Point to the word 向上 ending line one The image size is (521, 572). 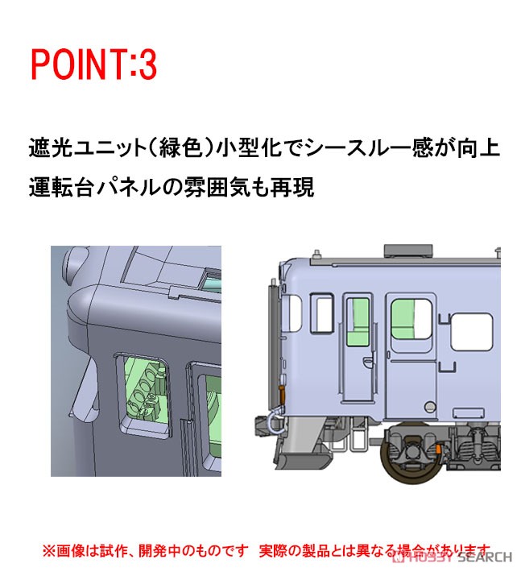479,150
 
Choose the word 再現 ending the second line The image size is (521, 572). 304,189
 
